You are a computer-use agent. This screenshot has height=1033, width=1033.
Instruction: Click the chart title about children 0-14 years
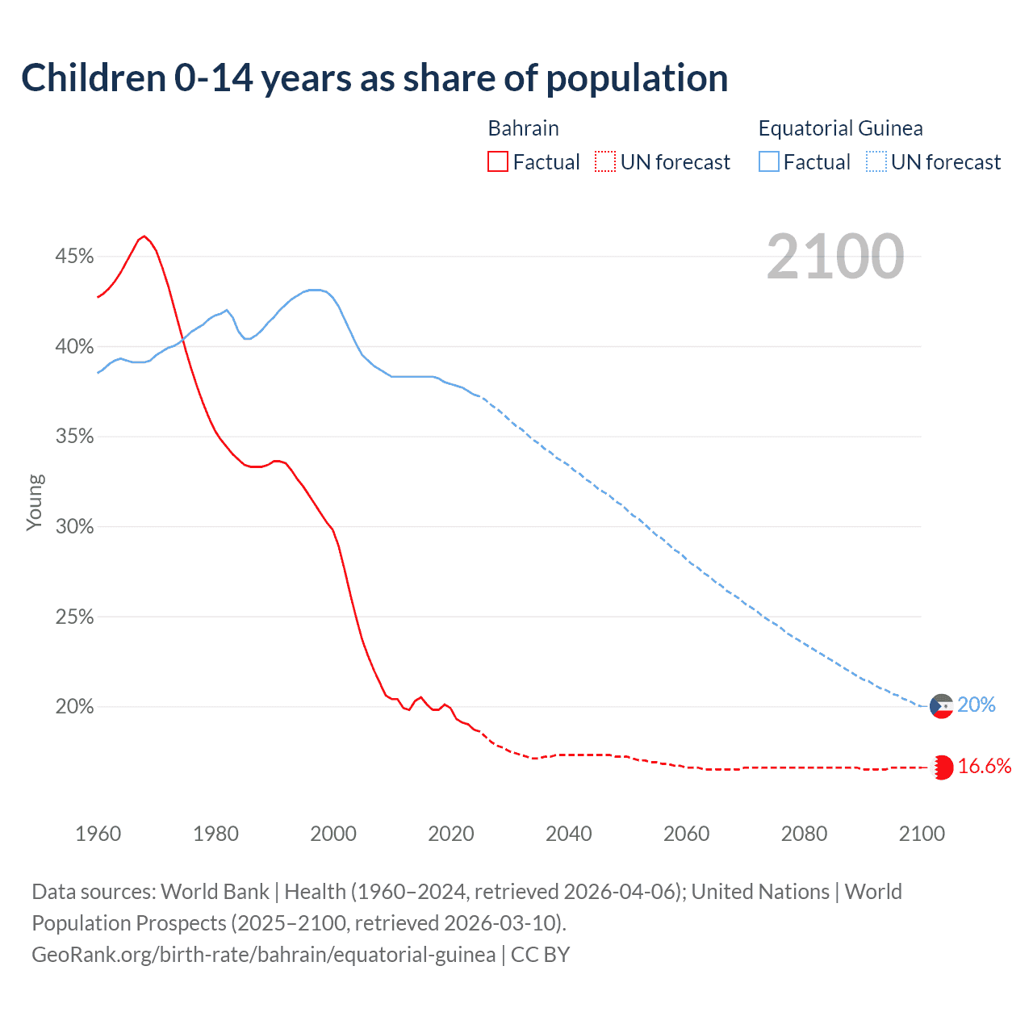374,78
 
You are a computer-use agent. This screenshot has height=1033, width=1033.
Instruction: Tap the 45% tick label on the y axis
74,257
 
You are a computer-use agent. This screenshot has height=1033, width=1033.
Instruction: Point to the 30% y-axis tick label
74,527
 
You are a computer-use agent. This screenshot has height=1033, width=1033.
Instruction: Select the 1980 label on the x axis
215,834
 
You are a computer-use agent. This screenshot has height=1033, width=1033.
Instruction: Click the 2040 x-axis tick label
568,834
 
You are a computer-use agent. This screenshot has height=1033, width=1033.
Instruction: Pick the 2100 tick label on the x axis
922,834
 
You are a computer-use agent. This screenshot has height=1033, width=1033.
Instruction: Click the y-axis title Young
35,502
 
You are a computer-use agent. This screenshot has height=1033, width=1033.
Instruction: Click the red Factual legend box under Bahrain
498,162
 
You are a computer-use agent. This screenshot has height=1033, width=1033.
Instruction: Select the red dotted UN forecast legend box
605,162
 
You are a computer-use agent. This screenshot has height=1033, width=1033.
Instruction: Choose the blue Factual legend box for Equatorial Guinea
769,162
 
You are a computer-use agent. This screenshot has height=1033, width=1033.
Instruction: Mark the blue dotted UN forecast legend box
876,162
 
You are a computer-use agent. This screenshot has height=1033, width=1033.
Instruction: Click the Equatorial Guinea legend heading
840,128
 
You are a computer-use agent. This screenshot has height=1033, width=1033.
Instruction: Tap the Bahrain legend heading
523,128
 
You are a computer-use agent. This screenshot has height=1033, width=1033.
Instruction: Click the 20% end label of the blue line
977,705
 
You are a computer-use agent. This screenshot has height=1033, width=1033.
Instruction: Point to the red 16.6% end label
985,767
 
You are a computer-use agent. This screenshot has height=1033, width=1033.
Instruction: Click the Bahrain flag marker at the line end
942,767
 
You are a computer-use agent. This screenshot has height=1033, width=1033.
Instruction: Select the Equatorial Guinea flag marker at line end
942,706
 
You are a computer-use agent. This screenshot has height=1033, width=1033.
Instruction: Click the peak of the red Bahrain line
144,236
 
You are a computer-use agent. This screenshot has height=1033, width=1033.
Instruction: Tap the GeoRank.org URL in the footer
263,955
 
